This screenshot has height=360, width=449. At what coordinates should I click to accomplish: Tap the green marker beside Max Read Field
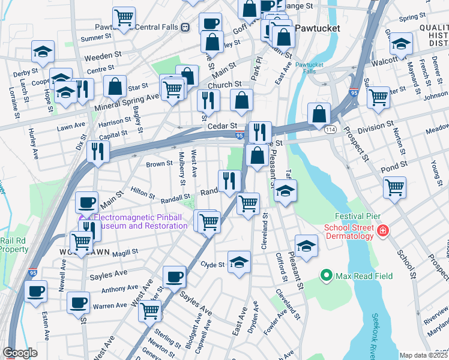(x=327, y=275)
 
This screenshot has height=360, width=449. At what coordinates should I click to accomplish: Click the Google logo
(x=20, y=353)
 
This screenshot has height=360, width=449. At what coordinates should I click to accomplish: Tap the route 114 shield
(x=330, y=130)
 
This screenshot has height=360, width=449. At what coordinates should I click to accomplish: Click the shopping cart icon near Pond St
(x=394, y=187)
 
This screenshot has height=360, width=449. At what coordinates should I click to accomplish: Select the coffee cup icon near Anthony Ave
(x=175, y=277)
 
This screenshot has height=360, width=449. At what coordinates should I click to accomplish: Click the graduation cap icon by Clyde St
(x=239, y=262)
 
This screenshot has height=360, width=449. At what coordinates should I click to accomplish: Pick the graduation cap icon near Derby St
(x=43, y=52)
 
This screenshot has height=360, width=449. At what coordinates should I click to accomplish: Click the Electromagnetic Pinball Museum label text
(x=139, y=221)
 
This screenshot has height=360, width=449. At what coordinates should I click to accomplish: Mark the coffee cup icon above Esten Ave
(x=36, y=292)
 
